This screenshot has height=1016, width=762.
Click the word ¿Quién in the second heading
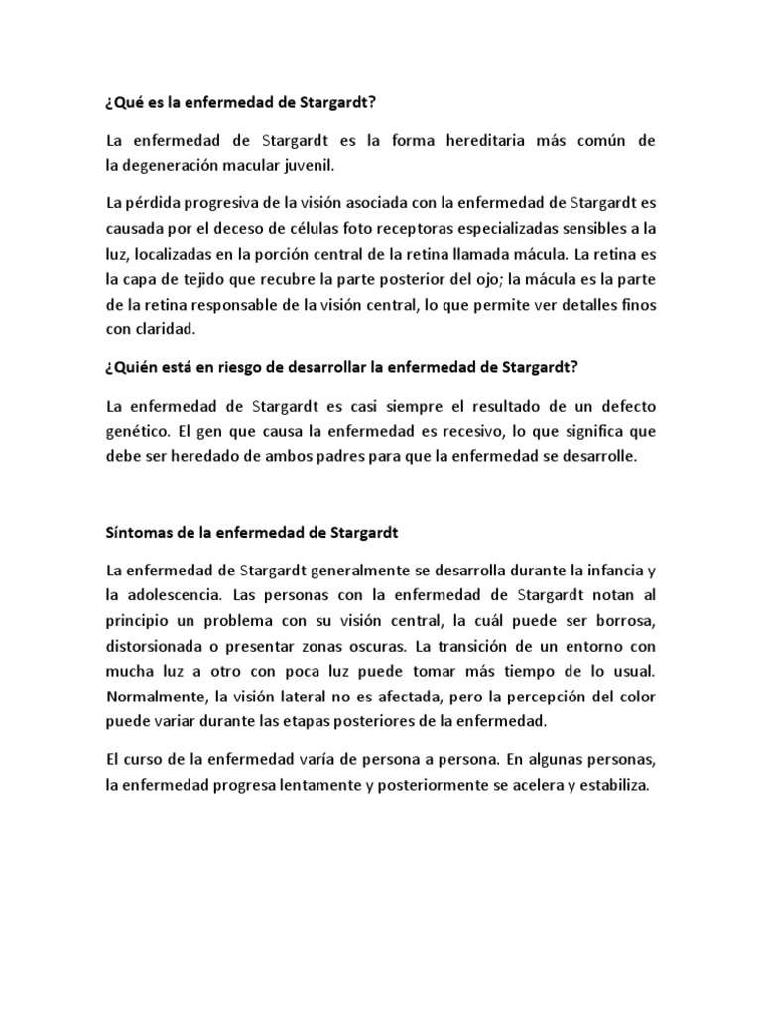coord(132,369)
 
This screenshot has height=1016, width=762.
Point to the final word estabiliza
coord(608,785)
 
